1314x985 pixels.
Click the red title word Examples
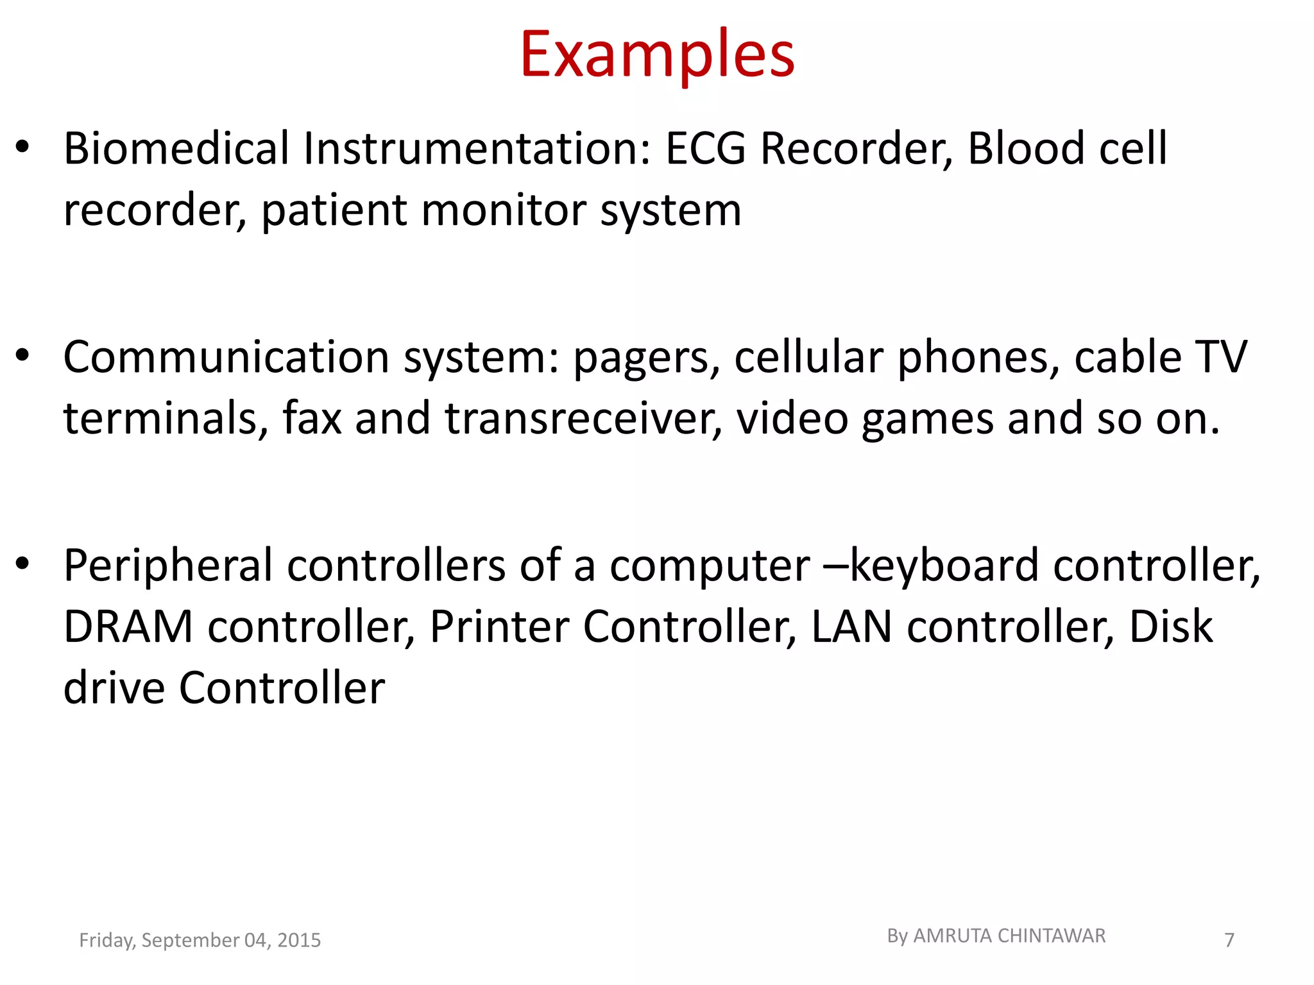point(657,56)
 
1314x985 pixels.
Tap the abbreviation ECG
point(706,149)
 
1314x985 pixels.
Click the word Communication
point(226,357)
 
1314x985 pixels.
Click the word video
point(792,419)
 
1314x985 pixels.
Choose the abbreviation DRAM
point(128,627)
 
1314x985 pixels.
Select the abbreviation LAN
point(851,627)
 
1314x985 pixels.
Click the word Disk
point(1170,627)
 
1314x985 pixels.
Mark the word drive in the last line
point(114,688)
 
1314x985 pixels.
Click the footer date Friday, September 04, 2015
point(200,940)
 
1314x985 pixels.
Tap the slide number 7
point(1229,940)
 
